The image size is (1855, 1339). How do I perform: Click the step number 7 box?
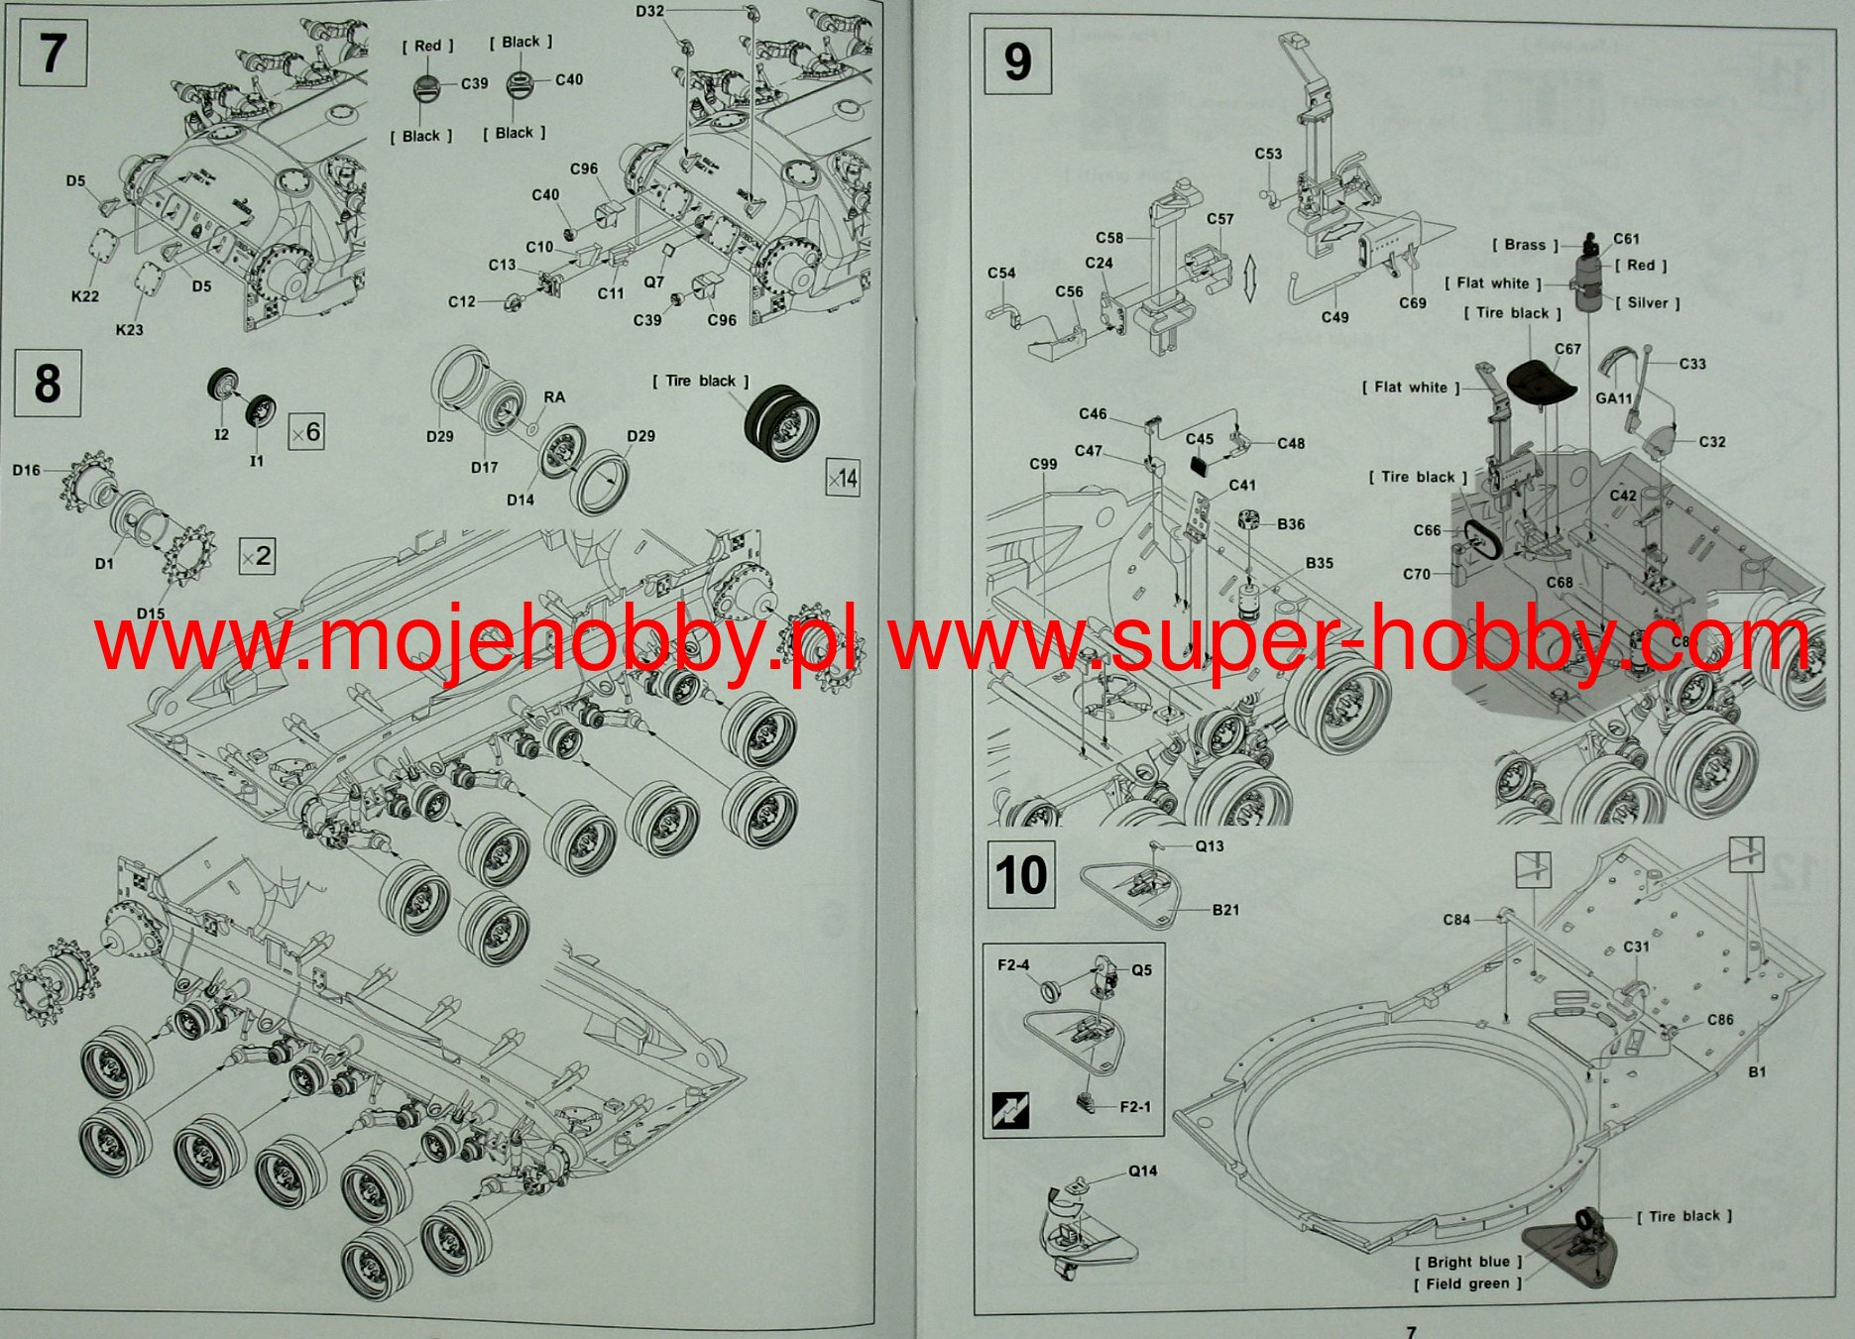coord(53,54)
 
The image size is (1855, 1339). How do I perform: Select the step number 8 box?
coord(48,384)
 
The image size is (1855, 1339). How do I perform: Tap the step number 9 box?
coord(1017,61)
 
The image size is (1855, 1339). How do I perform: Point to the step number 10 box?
coord(1021,875)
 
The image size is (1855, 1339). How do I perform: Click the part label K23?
coord(129,329)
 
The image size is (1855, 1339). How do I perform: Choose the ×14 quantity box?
coord(842,479)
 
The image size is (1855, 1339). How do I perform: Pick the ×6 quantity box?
coord(306,432)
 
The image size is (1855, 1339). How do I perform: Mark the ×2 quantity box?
coord(258,556)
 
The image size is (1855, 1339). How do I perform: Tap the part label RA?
coord(554,396)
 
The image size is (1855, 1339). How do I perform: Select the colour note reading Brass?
coord(1525,245)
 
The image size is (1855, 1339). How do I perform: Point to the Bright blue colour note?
coord(1467,1262)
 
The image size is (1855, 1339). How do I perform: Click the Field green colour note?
coord(1467,1283)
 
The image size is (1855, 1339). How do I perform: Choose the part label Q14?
coord(1142,1171)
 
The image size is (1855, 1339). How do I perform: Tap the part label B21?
coord(1225,909)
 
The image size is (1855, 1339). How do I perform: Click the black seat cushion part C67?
coord(1541,381)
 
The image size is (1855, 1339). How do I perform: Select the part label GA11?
coord(1614,397)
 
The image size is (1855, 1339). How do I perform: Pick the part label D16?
coord(27,470)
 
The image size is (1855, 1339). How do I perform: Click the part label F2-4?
coord(1013,964)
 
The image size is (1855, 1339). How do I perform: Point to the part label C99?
coord(1043,464)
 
